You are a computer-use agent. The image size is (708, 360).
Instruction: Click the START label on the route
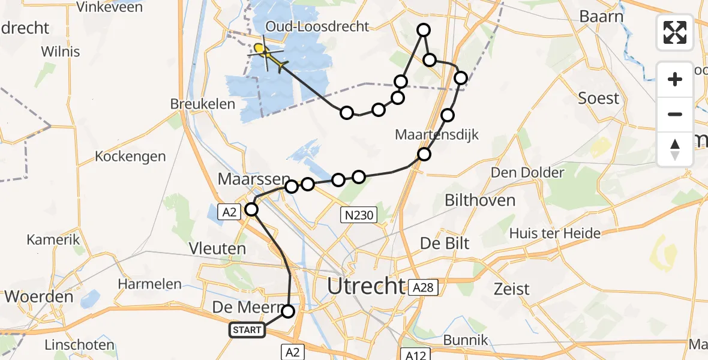tap(247, 329)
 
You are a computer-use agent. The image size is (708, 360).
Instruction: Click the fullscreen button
tap(675, 32)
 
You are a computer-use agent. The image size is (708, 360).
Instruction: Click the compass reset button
tap(675, 149)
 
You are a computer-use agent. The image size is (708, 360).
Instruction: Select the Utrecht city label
tap(365, 286)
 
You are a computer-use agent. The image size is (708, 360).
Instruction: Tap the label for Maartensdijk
tap(437, 134)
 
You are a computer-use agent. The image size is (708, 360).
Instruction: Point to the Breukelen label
tap(203, 104)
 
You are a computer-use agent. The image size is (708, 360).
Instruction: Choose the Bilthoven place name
tap(481, 200)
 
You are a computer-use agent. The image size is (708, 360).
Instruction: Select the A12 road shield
tap(415, 355)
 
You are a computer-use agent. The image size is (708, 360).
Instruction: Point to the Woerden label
tap(39, 296)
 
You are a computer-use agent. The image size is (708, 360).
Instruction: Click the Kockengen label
tap(130, 157)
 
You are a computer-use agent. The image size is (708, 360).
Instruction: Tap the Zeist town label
tap(511, 289)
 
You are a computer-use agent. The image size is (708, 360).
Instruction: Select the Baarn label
tap(602, 16)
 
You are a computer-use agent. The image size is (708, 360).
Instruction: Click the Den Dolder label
tap(527, 173)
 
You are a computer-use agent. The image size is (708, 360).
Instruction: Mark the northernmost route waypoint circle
tap(424, 30)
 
